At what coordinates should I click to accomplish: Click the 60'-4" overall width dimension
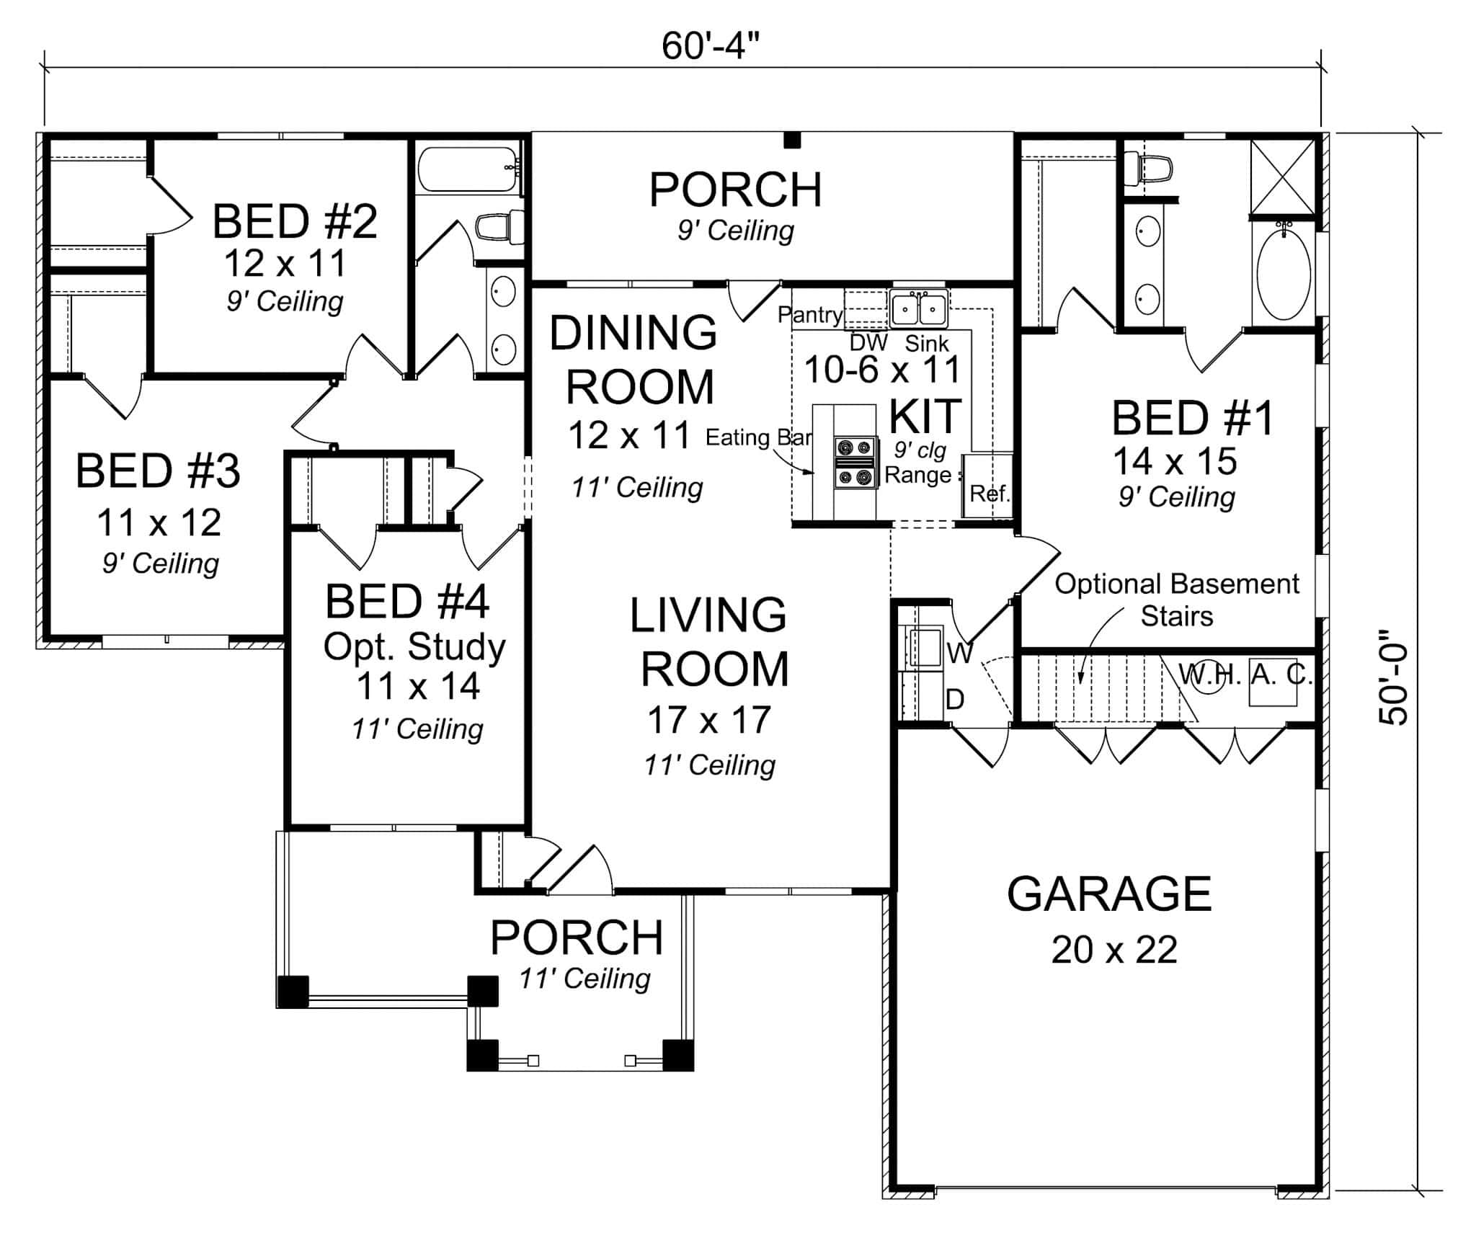[x=710, y=47]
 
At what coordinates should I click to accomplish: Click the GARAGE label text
[x=1108, y=894]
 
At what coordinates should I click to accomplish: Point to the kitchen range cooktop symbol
[x=855, y=462]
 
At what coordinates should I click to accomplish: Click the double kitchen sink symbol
[x=918, y=310]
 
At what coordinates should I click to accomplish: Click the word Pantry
[x=809, y=315]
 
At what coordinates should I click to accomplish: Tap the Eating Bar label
[x=758, y=437]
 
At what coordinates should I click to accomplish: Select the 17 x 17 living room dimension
[x=709, y=720]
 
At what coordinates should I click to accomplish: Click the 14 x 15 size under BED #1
[x=1175, y=461]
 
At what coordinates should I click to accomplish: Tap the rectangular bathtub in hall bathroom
[x=468, y=170]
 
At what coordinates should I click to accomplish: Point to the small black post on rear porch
[x=792, y=141]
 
